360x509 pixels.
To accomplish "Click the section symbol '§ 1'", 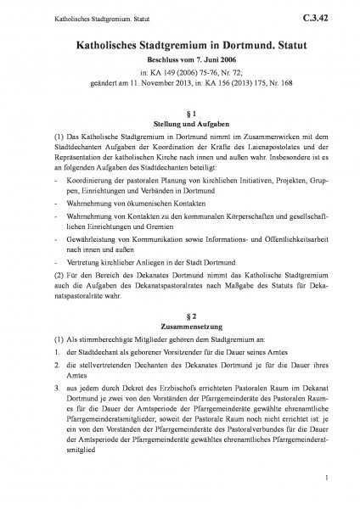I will click(x=179, y=113).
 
